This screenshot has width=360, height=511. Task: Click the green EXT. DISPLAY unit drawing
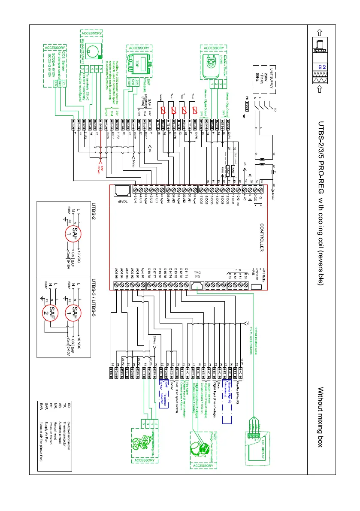[x=260, y=442]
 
